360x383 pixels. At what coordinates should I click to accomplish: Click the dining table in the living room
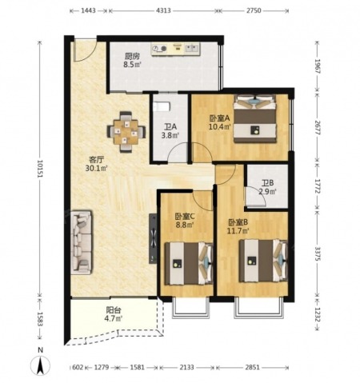tap(126, 132)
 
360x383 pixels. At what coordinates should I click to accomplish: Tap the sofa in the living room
tap(82, 242)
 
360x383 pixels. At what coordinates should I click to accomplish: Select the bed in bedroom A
tap(254, 119)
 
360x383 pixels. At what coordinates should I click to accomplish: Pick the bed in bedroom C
tap(189, 263)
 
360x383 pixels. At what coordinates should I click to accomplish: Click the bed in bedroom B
tap(263, 261)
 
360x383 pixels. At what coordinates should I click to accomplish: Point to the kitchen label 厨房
tap(132, 56)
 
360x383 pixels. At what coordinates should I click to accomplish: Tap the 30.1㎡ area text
tap(96, 168)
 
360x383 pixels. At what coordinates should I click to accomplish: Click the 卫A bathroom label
tap(170, 126)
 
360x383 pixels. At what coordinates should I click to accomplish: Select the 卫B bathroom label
tap(267, 183)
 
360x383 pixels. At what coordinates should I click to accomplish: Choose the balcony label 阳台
tap(114, 310)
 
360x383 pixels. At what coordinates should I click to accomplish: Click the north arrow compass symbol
tap(40, 365)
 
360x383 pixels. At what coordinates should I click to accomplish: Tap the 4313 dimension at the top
tap(163, 10)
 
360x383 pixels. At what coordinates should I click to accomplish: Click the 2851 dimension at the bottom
tap(252, 367)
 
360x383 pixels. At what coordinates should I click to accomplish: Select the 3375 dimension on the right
tap(318, 253)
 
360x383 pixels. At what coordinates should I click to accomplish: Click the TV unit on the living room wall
tap(153, 238)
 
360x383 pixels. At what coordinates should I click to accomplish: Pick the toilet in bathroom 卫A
tap(162, 106)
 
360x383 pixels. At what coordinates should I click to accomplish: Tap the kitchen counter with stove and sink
tap(175, 50)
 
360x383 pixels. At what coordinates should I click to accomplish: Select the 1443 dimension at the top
tap(88, 10)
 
